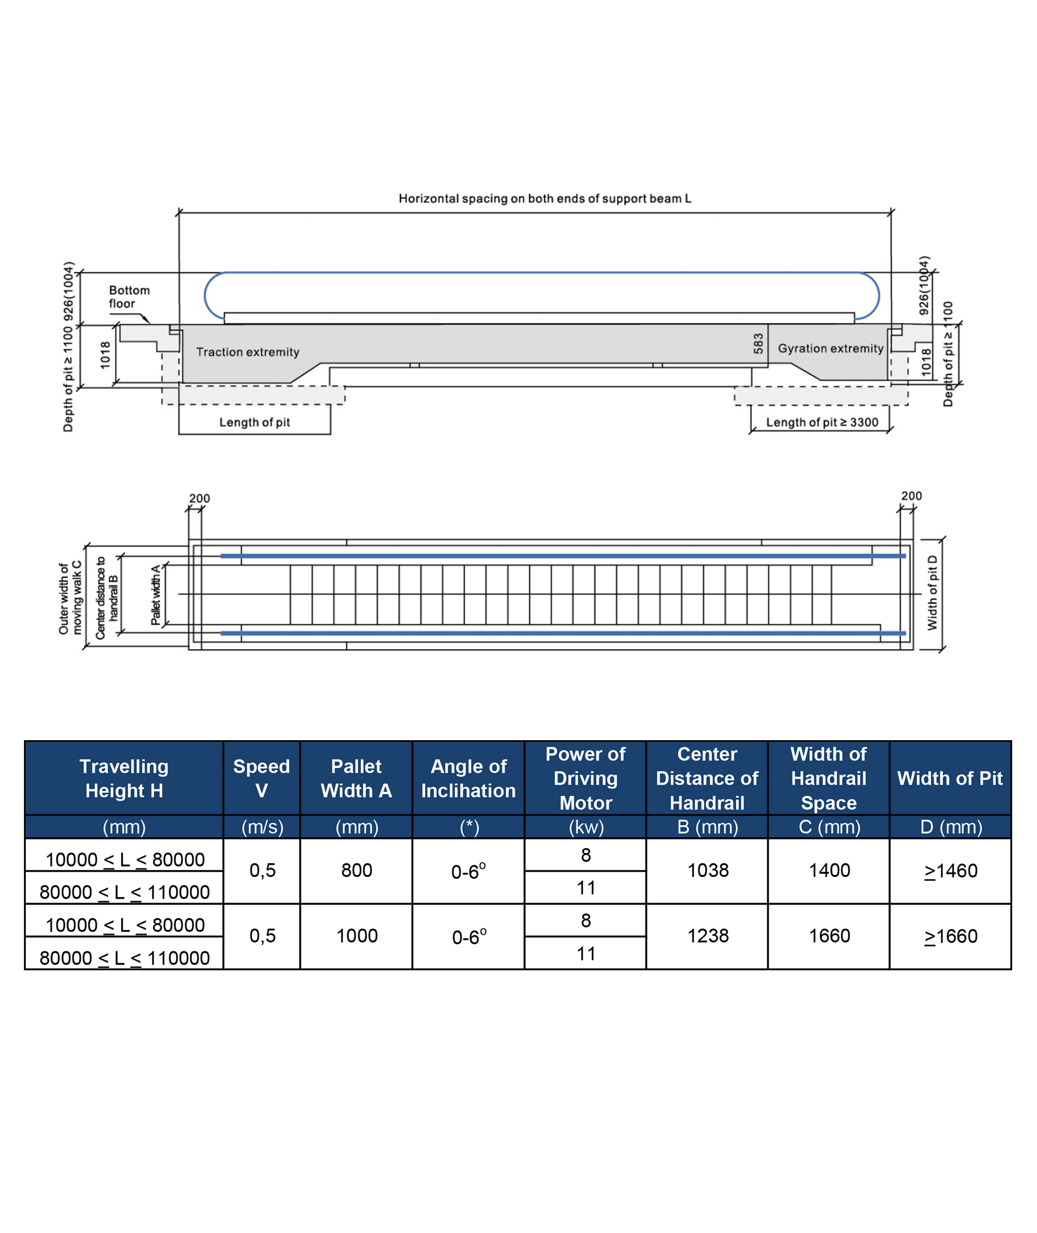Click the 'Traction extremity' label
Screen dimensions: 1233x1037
(x=247, y=352)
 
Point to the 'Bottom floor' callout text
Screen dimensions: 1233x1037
(x=129, y=296)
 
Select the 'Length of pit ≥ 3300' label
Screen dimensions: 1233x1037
(x=822, y=422)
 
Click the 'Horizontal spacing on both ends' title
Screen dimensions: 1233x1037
(x=545, y=198)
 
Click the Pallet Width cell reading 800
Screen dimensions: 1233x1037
(x=357, y=870)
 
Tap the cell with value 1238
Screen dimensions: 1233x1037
(x=708, y=935)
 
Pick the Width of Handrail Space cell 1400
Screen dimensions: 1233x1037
(x=829, y=870)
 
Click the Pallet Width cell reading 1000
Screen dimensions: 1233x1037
(x=357, y=935)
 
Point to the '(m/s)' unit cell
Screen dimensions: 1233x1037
(x=262, y=827)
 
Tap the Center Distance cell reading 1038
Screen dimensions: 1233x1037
(x=708, y=870)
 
